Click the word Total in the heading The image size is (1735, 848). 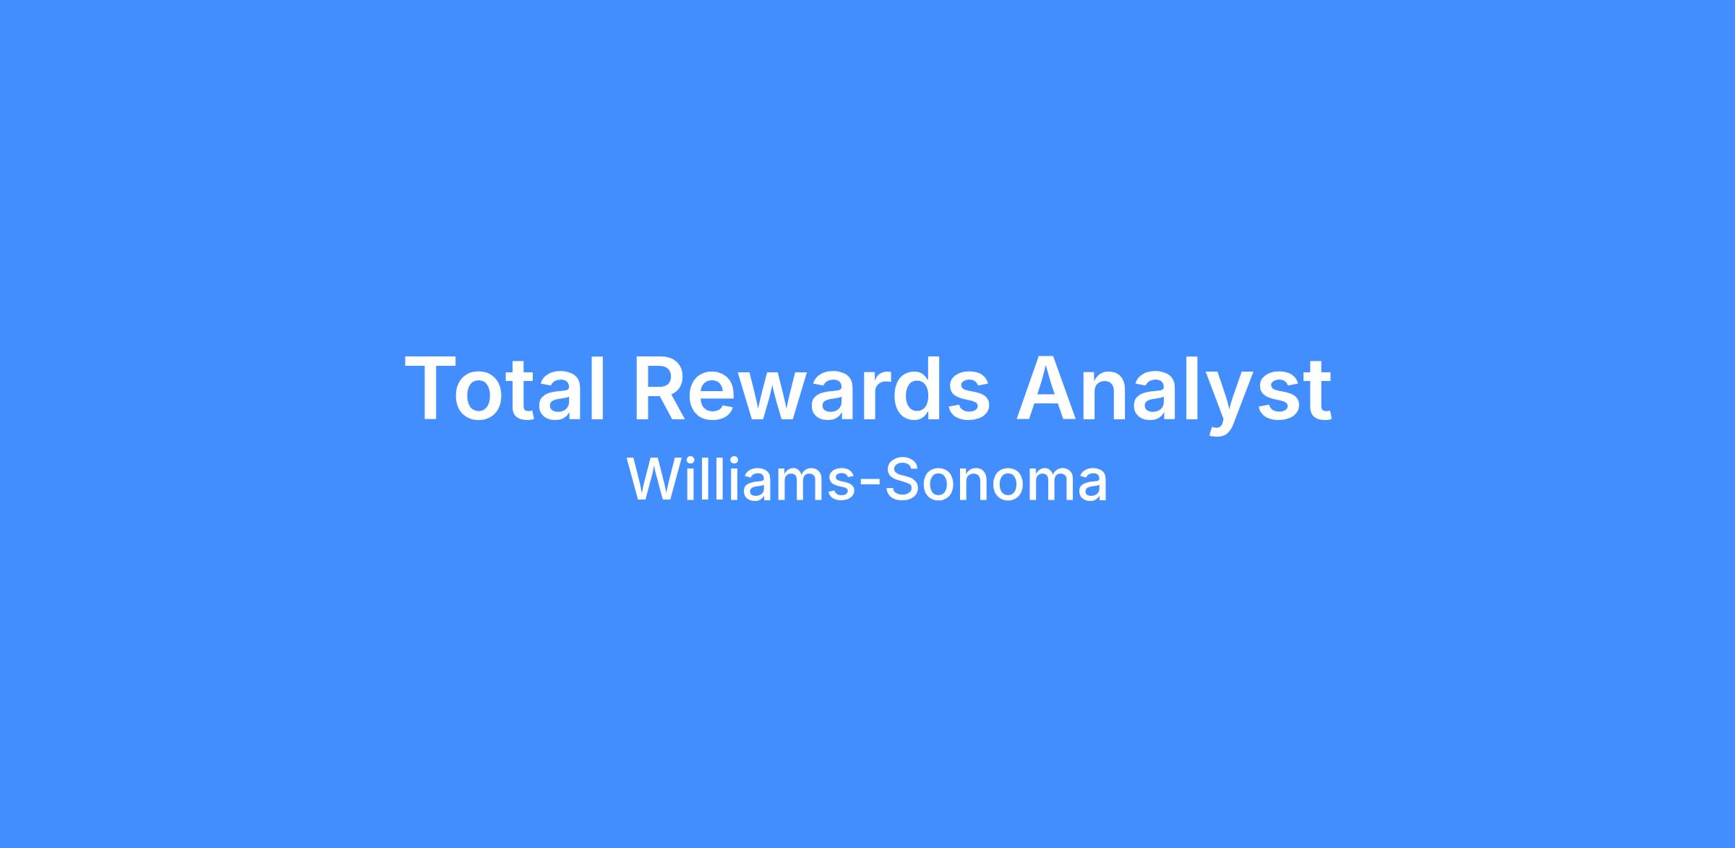point(505,387)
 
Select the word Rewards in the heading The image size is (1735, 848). point(812,387)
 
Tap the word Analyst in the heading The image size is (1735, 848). point(1174,395)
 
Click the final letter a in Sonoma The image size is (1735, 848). point(1092,485)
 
